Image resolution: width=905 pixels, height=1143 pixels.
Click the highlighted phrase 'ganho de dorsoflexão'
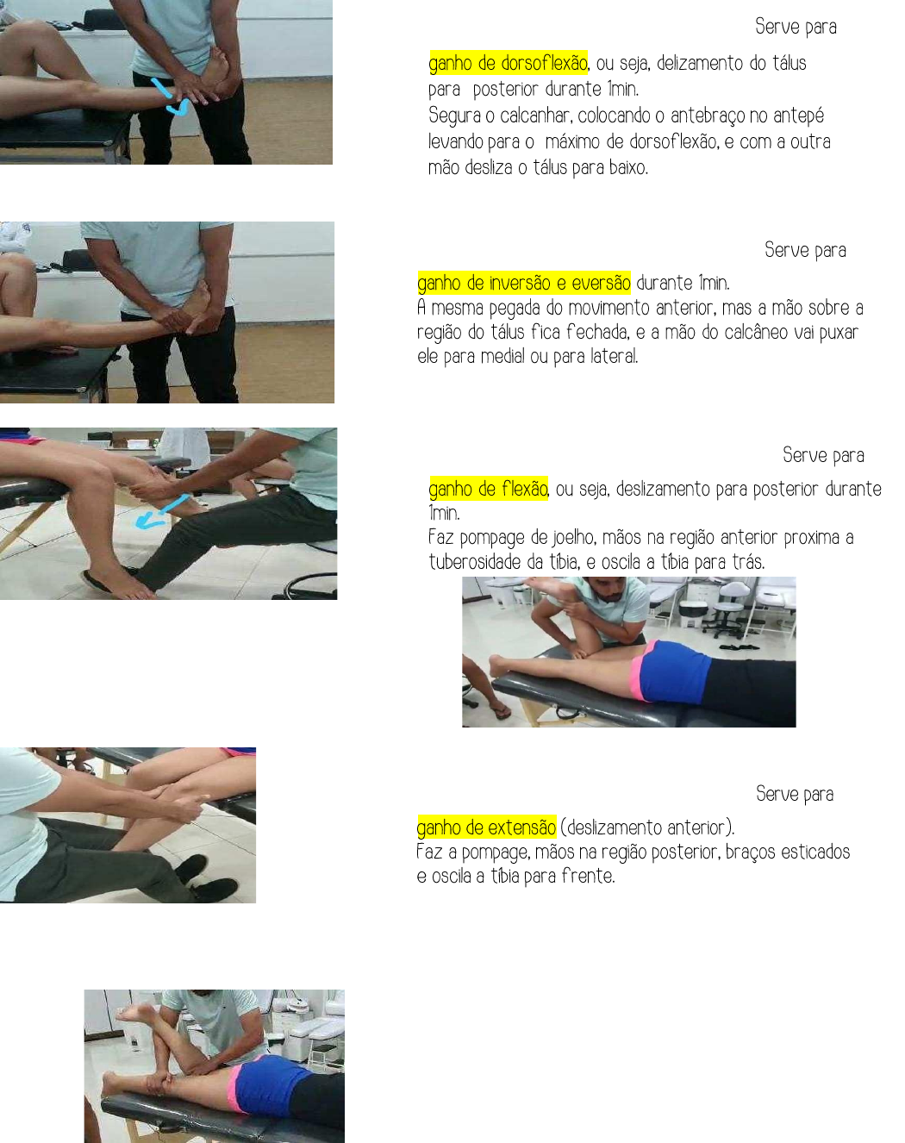[x=508, y=63]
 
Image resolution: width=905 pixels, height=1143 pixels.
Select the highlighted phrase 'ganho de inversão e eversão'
[x=524, y=283]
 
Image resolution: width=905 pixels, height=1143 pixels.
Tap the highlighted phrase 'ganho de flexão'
[x=488, y=488]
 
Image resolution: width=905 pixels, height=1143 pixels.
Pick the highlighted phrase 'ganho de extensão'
[x=486, y=827]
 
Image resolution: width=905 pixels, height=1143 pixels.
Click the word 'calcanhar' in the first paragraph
[x=535, y=116]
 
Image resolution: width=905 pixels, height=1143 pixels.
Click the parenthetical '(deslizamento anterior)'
[x=647, y=828]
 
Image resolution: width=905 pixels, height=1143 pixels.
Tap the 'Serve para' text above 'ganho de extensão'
[x=795, y=794]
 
